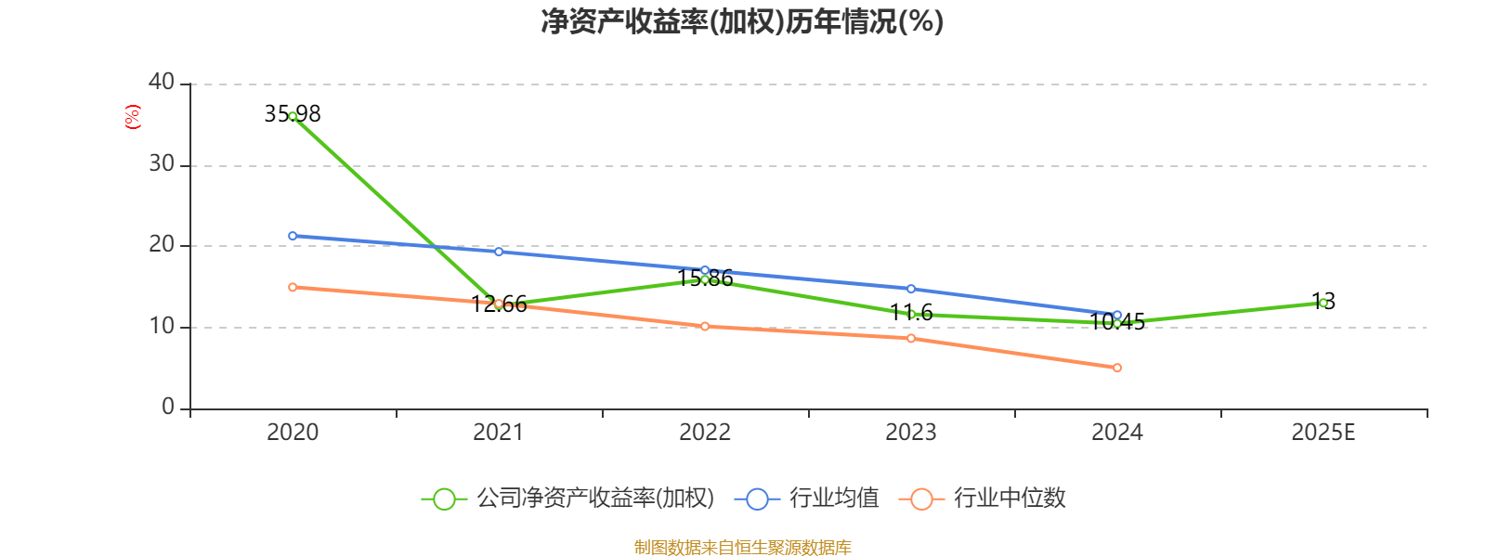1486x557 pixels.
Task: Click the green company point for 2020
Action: point(293,116)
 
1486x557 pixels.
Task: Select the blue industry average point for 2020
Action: point(293,236)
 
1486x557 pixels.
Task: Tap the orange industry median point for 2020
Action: point(293,287)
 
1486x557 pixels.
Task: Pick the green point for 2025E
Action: point(1323,303)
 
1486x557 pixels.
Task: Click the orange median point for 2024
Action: point(1117,368)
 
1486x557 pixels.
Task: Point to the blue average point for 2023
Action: point(911,289)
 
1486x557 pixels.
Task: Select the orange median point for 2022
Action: point(705,326)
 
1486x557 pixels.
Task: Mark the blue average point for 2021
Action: point(499,252)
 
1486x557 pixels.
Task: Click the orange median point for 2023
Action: point(911,338)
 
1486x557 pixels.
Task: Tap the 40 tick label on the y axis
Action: point(162,83)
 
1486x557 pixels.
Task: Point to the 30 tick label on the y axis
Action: point(162,164)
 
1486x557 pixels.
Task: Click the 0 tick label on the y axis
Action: point(168,408)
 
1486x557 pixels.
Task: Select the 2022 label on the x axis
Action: point(705,433)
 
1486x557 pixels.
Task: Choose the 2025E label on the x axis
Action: point(1323,433)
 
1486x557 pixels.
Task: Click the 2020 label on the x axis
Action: point(293,433)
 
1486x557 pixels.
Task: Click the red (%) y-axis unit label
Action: point(132,117)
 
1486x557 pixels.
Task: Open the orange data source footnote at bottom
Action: point(743,548)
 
